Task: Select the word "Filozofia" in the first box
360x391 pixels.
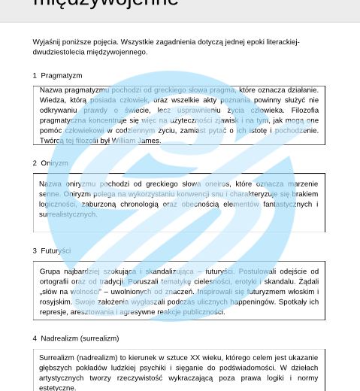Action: click(302, 109)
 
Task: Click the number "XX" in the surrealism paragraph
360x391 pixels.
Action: click(188, 358)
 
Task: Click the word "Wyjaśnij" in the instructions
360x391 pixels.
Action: click(47, 42)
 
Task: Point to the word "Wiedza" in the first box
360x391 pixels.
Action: click(52, 99)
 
